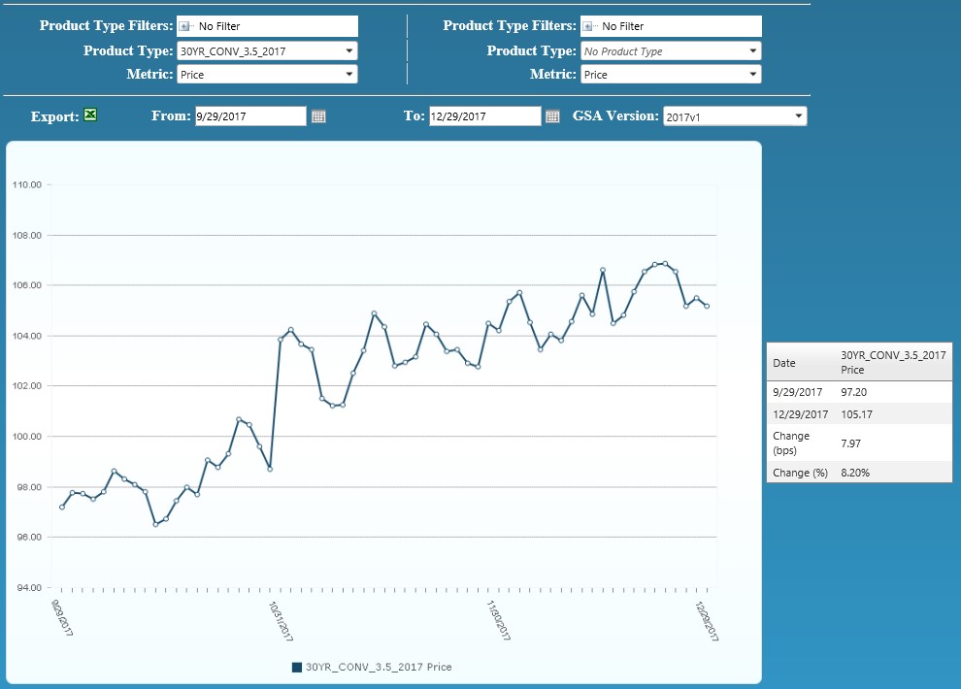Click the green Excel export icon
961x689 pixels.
pyautogui.click(x=90, y=115)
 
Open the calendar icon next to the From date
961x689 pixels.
pyautogui.click(x=318, y=116)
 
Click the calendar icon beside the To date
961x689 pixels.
pyautogui.click(x=552, y=116)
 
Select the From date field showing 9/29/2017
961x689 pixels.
pyautogui.click(x=250, y=116)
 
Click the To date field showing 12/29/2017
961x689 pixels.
pyautogui.click(x=484, y=116)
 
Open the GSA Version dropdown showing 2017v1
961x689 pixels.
pyautogui.click(x=735, y=116)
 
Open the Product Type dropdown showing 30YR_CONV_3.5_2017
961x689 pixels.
pyautogui.click(x=267, y=50)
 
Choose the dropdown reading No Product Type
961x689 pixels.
pyautogui.click(x=671, y=50)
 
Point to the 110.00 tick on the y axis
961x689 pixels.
pyautogui.click(x=27, y=184)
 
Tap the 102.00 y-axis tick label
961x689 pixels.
pyautogui.click(x=27, y=386)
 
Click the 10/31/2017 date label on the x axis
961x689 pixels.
pyautogui.click(x=281, y=621)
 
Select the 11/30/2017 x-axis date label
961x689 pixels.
pyautogui.click(x=498, y=620)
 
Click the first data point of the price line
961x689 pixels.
pyautogui.click(x=62, y=508)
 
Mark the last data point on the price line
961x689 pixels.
pyautogui.click(x=707, y=307)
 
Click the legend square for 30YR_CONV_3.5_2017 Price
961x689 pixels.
pyautogui.click(x=297, y=667)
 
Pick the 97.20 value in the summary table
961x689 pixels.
pyautogui.click(x=854, y=392)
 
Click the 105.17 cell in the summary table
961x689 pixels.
pyautogui.click(x=856, y=414)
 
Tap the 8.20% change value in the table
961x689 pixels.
pyautogui.click(x=855, y=473)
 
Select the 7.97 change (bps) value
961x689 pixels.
pyautogui.click(x=850, y=443)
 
